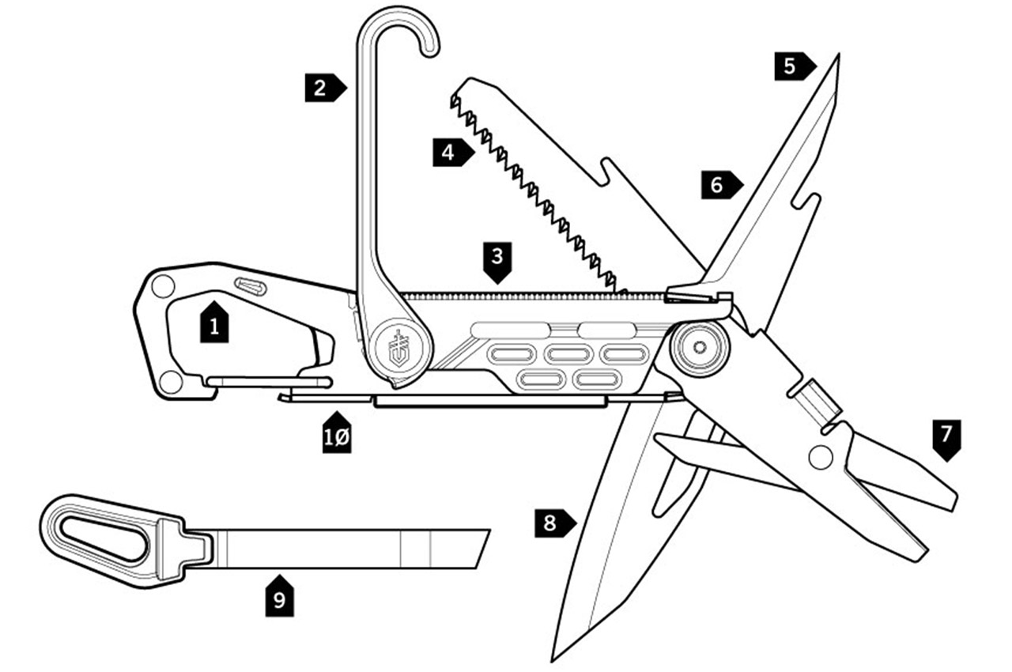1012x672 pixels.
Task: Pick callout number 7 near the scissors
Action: (x=946, y=437)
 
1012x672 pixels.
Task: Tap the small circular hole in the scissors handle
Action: (x=820, y=457)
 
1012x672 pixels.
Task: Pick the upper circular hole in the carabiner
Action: (x=163, y=286)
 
